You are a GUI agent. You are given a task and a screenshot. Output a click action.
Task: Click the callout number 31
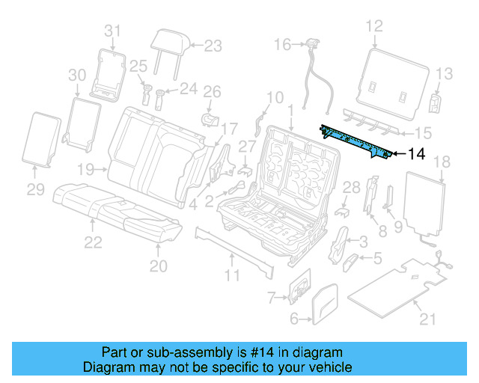[112, 31]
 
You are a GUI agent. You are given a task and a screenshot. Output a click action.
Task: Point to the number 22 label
[92, 241]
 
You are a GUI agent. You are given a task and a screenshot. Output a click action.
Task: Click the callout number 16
[281, 45]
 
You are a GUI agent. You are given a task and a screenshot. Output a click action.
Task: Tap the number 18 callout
[442, 162]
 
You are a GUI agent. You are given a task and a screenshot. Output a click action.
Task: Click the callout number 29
[36, 190]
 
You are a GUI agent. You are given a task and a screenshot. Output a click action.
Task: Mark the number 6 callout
[294, 319]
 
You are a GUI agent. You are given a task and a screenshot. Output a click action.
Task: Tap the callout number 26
[213, 92]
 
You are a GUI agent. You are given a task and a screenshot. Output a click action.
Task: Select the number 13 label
[445, 73]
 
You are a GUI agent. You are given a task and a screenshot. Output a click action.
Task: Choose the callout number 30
[77, 75]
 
